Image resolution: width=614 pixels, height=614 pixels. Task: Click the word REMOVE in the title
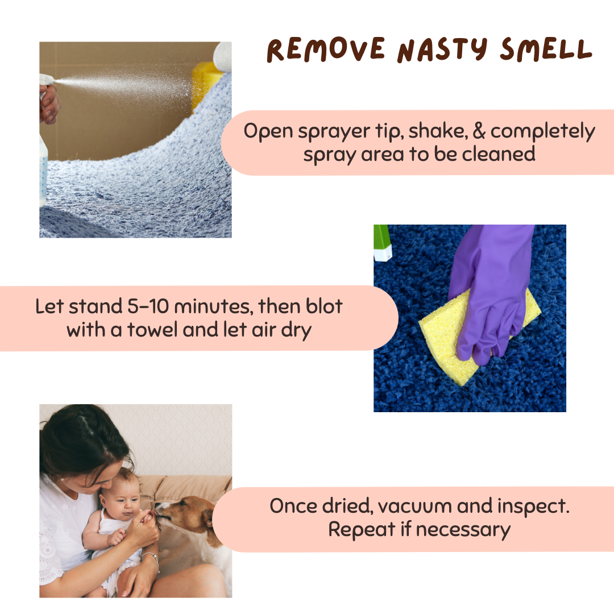click(x=326, y=49)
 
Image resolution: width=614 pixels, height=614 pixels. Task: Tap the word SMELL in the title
click(x=546, y=49)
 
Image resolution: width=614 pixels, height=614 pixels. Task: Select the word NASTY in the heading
click(x=442, y=51)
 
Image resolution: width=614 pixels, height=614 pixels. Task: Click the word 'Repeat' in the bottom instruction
click(x=362, y=530)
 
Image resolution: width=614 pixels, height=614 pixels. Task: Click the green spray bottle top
click(x=382, y=243)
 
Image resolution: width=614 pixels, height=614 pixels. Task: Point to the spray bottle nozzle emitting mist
click(x=48, y=80)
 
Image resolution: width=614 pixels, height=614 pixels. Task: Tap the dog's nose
click(x=157, y=512)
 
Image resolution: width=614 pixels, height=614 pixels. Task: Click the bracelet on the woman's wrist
click(x=152, y=558)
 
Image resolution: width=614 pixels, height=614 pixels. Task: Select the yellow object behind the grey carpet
click(x=206, y=84)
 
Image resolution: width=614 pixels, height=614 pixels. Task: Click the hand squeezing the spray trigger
click(x=49, y=103)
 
